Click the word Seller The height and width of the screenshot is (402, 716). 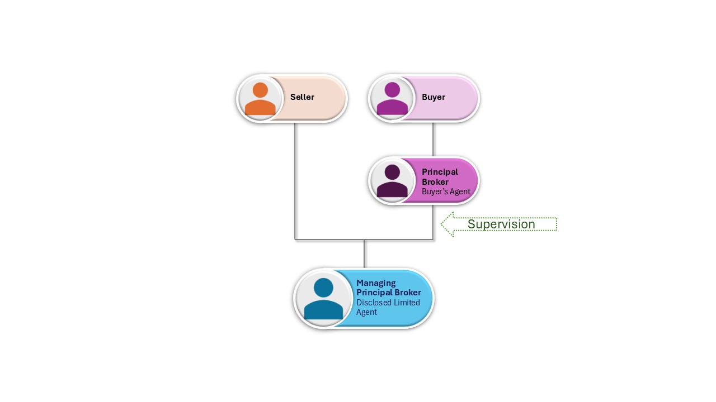click(302, 97)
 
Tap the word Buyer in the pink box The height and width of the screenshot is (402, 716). click(434, 97)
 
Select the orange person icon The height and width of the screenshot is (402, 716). click(260, 99)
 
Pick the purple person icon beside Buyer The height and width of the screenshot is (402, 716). click(392, 99)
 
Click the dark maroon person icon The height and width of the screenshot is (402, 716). click(392, 180)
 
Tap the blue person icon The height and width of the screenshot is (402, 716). click(323, 299)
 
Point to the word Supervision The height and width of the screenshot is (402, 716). click(501, 224)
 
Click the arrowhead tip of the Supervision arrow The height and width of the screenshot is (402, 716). click(442, 224)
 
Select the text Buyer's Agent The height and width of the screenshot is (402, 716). click(446, 192)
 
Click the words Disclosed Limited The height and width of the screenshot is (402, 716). click(388, 303)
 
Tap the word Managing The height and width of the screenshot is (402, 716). click(376, 283)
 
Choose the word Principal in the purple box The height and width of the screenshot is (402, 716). click(440, 172)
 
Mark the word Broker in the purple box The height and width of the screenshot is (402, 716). click(435, 182)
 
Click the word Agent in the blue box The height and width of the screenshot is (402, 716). click(366, 312)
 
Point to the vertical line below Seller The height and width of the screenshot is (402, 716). click(295, 179)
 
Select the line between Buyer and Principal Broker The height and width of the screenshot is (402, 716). click(433, 139)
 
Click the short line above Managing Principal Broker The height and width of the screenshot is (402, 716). click(364, 254)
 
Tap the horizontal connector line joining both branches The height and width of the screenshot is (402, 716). click(336, 240)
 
